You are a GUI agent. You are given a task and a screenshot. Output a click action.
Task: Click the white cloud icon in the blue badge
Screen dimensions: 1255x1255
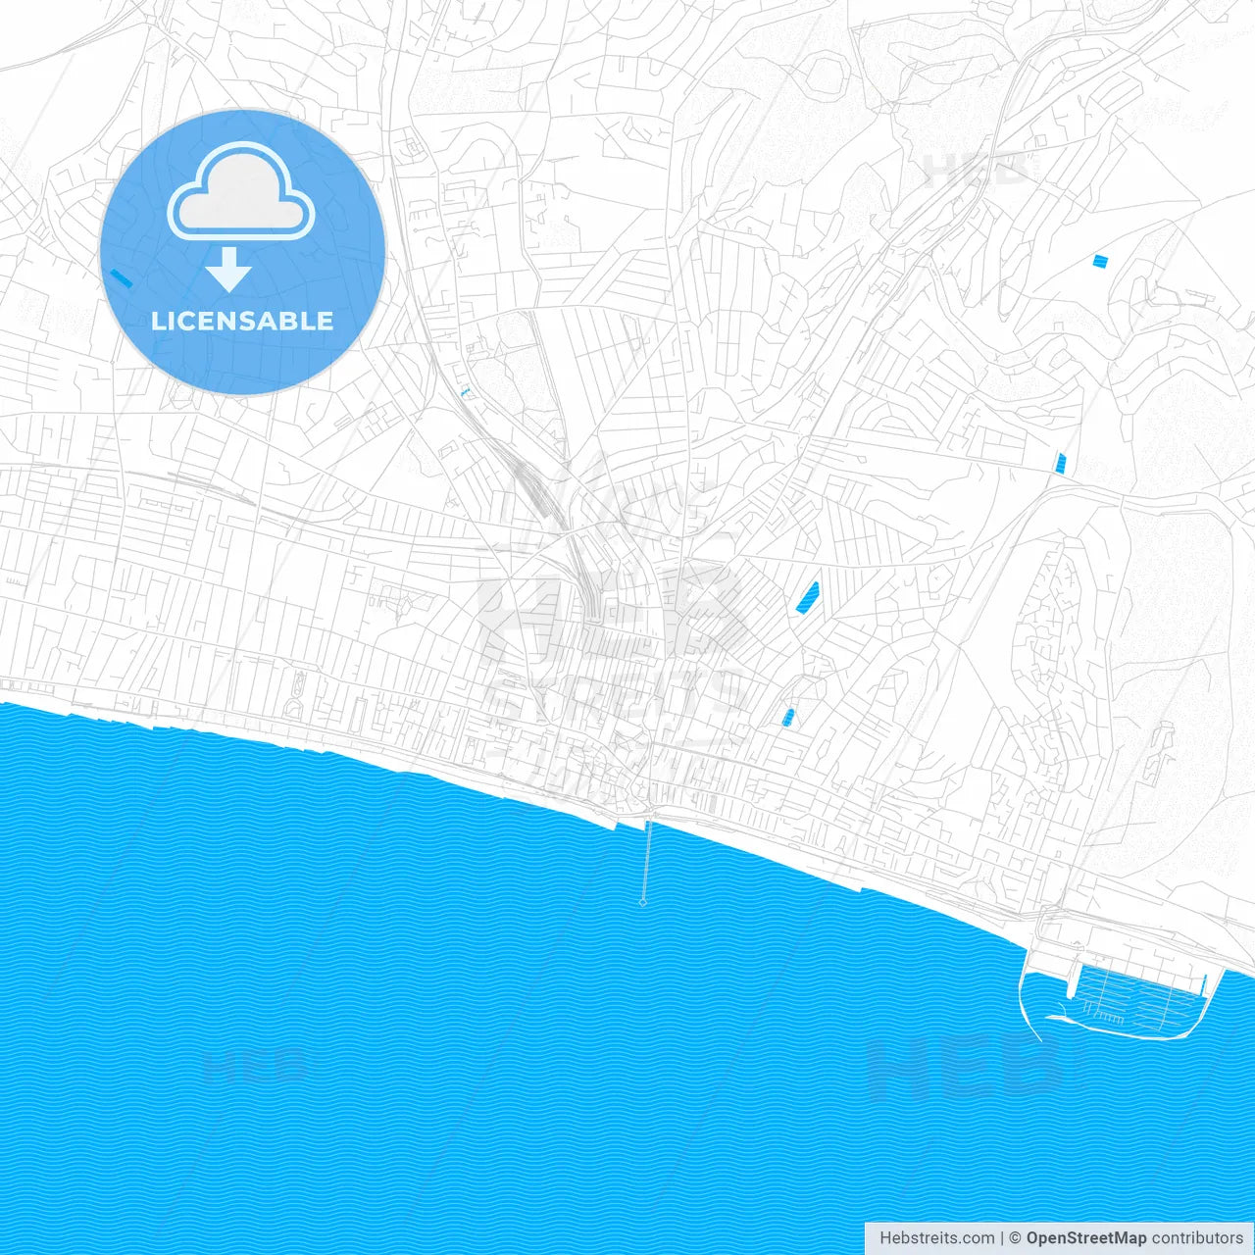click(x=241, y=191)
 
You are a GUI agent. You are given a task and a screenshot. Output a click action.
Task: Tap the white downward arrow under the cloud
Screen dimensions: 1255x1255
click(x=228, y=270)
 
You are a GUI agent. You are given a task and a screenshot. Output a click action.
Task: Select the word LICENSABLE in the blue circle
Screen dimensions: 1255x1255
click(x=242, y=321)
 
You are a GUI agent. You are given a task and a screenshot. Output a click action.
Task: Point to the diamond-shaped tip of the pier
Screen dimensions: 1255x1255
click(x=643, y=902)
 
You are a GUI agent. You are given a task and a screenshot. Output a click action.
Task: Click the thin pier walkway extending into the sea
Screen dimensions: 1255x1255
click(x=645, y=858)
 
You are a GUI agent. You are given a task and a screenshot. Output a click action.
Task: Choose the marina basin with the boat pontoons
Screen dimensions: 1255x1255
click(x=1137, y=995)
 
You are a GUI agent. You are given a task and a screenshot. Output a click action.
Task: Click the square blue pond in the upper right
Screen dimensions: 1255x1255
click(x=1100, y=261)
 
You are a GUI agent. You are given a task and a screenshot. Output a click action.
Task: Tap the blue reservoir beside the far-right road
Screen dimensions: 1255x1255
click(x=1060, y=462)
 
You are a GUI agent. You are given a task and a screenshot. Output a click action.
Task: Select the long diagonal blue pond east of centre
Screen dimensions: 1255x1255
click(x=808, y=596)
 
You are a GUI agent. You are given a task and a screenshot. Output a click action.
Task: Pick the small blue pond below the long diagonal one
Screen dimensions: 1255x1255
click(x=788, y=718)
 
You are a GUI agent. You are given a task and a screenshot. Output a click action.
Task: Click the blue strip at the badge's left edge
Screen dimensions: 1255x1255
click(x=122, y=277)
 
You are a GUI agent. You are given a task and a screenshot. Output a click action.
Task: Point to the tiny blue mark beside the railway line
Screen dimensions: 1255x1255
click(x=466, y=391)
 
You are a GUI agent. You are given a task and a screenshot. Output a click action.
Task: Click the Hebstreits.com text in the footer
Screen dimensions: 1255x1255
click(x=936, y=1238)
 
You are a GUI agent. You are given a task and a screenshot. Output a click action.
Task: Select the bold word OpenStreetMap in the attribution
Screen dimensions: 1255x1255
click(x=1086, y=1238)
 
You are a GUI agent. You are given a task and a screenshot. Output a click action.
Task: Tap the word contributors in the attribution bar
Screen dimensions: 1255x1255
click(x=1197, y=1238)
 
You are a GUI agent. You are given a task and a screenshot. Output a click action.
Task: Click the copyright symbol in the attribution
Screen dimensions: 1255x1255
click(x=1016, y=1238)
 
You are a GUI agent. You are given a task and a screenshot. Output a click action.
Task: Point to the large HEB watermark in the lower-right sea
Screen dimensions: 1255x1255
click(x=966, y=1067)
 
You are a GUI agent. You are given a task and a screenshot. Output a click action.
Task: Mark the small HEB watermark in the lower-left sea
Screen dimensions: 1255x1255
click(x=253, y=1064)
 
